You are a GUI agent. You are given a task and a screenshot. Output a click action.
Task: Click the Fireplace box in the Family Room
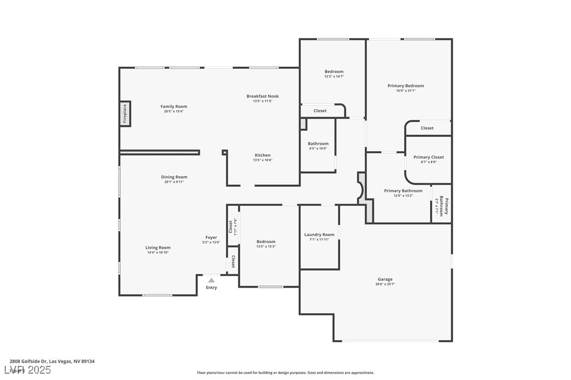(x=125, y=113)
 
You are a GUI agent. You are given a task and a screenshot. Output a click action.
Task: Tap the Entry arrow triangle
(x=211, y=280)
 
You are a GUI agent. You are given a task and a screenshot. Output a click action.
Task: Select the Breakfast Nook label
(x=262, y=96)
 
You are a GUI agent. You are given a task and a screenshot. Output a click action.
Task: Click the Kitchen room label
(x=262, y=155)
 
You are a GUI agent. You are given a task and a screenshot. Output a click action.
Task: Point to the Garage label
(x=385, y=279)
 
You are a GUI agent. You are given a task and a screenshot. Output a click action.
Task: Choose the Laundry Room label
(x=319, y=235)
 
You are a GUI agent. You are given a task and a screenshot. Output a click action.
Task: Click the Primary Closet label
(x=429, y=157)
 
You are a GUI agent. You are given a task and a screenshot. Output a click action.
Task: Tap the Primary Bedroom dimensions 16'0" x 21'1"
(x=405, y=91)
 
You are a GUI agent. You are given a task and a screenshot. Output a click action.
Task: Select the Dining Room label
(x=174, y=177)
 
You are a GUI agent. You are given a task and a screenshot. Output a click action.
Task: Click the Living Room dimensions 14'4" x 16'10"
(x=158, y=252)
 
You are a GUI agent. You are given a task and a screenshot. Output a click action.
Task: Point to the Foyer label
(x=211, y=237)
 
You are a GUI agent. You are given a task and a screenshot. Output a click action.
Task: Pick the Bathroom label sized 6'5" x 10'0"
(x=318, y=143)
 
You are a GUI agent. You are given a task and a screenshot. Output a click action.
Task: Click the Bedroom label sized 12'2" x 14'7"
(x=334, y=71)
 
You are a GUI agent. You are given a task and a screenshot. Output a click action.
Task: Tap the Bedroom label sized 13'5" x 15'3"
(x=266, y=241)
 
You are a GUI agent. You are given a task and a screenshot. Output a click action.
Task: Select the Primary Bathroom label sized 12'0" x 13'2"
(x=403, y=191)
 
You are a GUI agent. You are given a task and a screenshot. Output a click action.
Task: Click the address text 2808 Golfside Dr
(x=29, y=361)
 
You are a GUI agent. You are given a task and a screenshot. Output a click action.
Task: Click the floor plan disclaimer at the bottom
(x=285, y=373)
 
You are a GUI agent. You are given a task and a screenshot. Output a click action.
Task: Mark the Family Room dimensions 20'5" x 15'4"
(x=174, y=111)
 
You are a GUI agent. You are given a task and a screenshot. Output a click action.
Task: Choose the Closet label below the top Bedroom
(x=320, y=111)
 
